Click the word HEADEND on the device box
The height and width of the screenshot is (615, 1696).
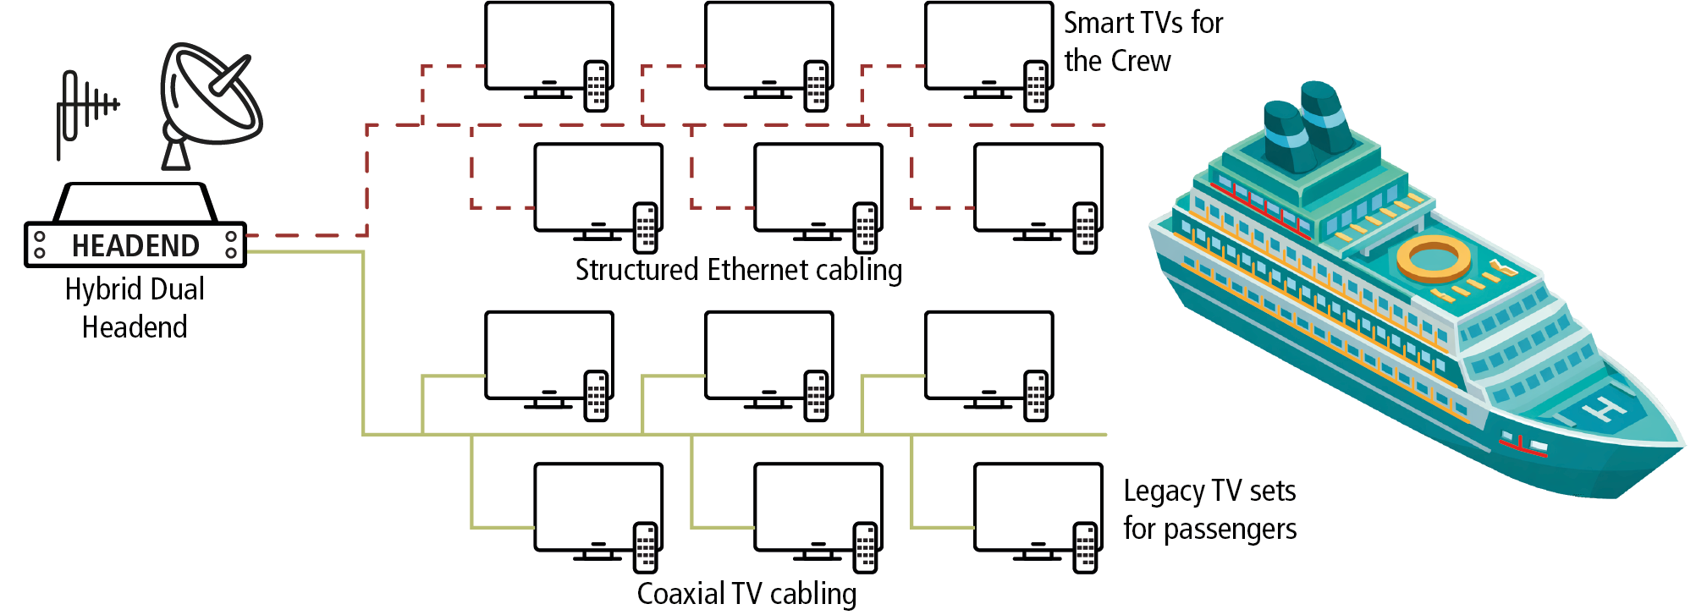(135, 245)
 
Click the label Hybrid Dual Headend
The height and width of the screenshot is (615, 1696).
(135, 308)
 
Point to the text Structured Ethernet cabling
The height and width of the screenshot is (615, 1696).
(738, 270)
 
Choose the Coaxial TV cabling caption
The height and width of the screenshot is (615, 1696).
(746, 594)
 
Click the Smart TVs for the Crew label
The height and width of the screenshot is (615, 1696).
(1143, 41)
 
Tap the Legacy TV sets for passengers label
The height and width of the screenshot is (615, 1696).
(1209, 509)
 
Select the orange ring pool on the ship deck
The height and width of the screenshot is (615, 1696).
(1434, 257)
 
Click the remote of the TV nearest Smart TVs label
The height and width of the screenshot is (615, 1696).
(1036, 85)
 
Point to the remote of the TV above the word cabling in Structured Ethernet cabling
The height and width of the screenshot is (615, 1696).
(865, 228)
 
